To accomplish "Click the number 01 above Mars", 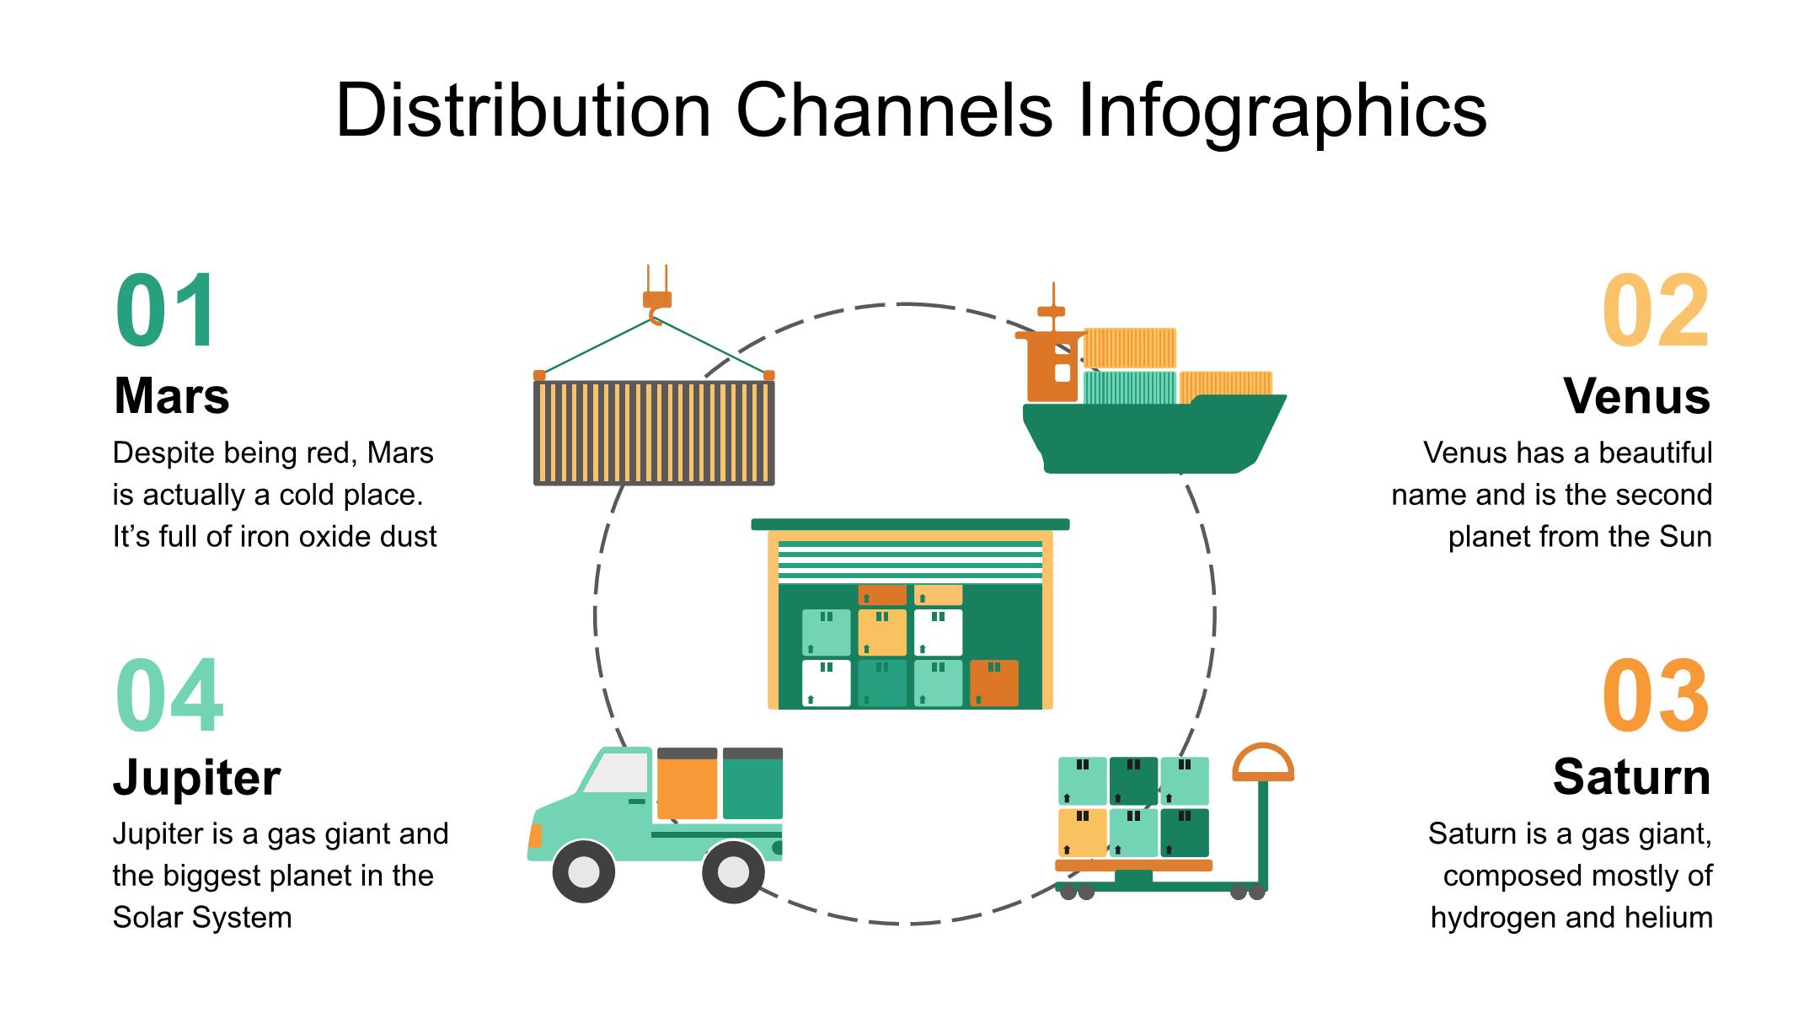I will [x=166, y=311].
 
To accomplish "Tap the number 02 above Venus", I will [x=1655, y=311].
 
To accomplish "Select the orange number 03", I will [x=1655, y=696].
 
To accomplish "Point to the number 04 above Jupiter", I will [x=169, y=696].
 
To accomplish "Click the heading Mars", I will [x=171, y=395].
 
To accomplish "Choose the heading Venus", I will [x=1636, y=395].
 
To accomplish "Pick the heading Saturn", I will [x=1631, y=776].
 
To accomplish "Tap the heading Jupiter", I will [x=196, y=776].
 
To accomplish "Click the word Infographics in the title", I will [x=1282, y=110].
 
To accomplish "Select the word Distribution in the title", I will [x=523, y=110].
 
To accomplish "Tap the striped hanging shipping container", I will [x=654, y=432].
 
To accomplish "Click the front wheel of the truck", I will [x=583, y=871].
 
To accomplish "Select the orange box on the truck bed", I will [x=687, y=785].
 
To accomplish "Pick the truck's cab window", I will [x=617, y=773].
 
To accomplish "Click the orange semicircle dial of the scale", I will [x=1262, y=764].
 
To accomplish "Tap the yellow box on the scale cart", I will [x=1082, y=832].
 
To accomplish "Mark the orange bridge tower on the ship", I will [x=1052, y=367].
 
